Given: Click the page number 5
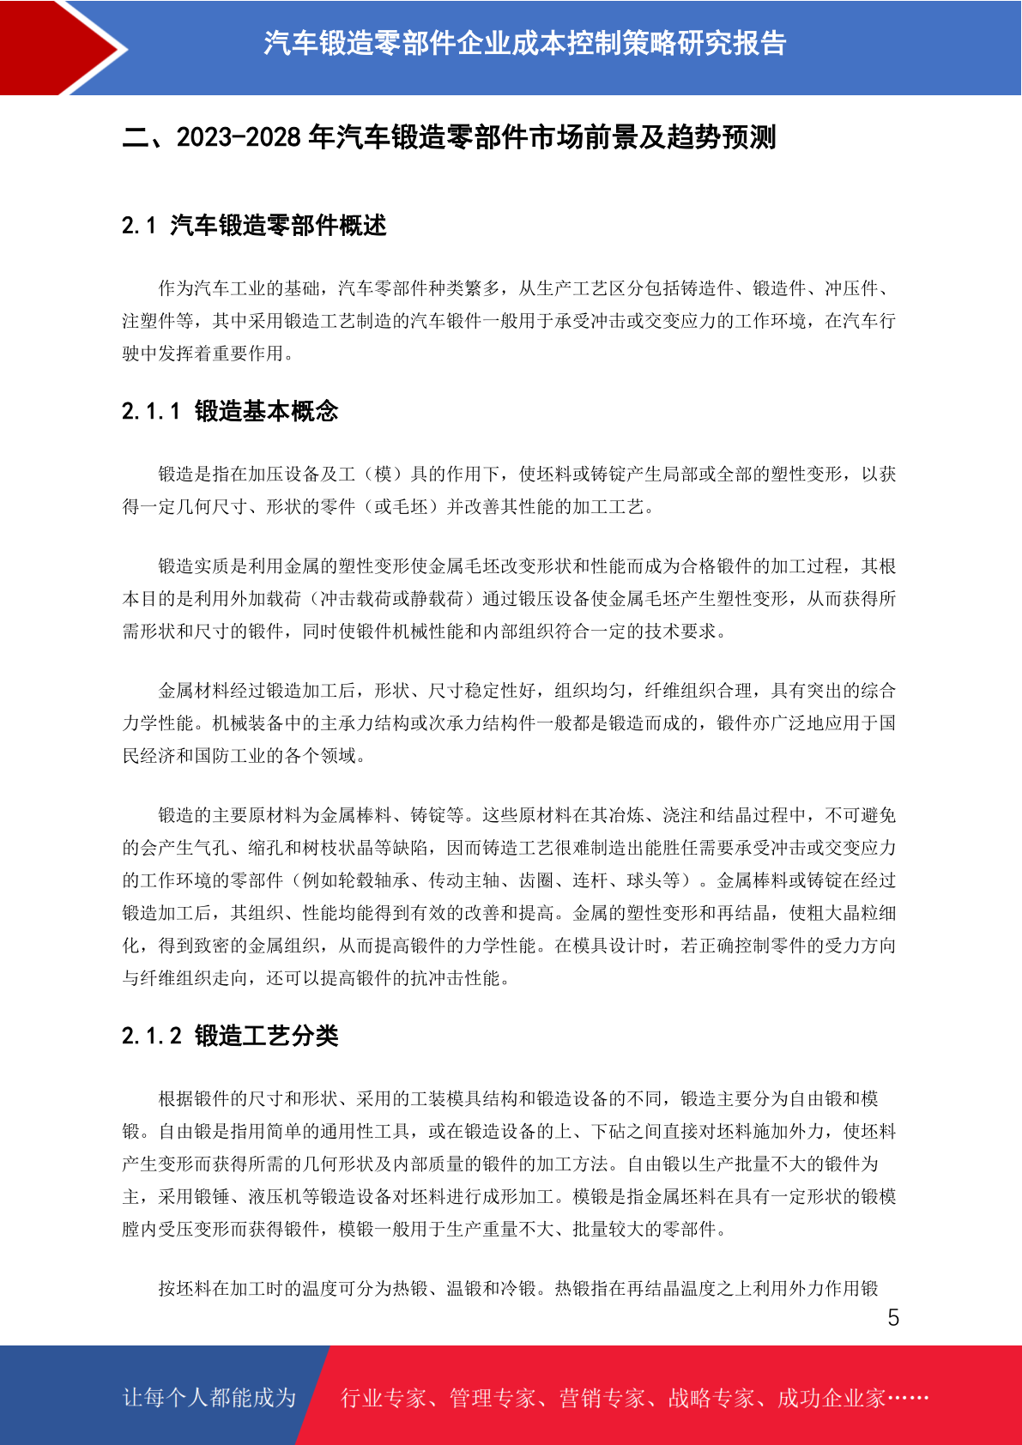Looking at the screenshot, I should coord(893,1318).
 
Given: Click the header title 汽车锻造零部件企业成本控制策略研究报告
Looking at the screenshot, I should coord(524,43).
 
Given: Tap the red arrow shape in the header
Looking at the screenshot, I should coord(51,47).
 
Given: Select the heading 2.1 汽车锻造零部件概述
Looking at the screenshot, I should coord(254,226).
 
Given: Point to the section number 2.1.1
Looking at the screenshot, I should coord(151,412).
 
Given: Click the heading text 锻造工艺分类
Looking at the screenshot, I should coord(267,1037).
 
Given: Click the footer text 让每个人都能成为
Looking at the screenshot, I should coord(209,1398).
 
